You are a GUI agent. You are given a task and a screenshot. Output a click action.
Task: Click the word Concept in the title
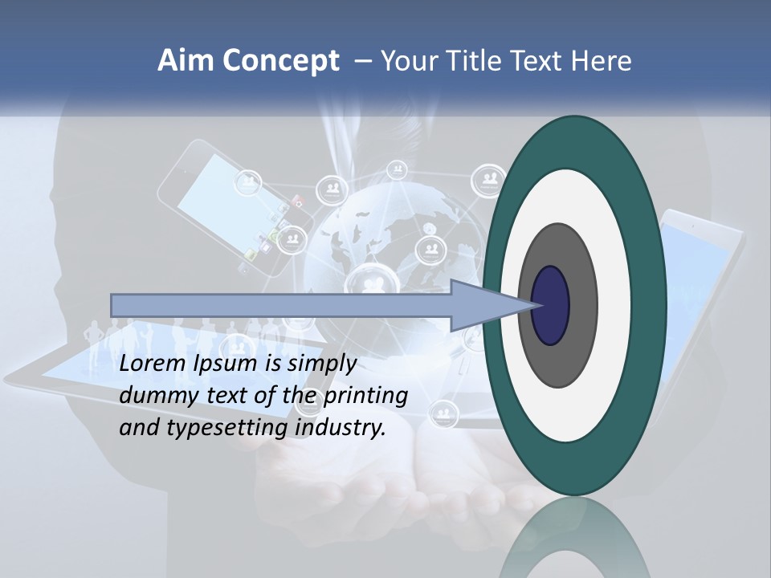click(281, 61)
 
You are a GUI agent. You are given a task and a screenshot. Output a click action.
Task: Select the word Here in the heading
click(602, 61)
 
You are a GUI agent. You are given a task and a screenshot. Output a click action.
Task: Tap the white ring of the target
click(610, 306)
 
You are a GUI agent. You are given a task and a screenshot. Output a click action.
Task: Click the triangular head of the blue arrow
click(482, 306)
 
